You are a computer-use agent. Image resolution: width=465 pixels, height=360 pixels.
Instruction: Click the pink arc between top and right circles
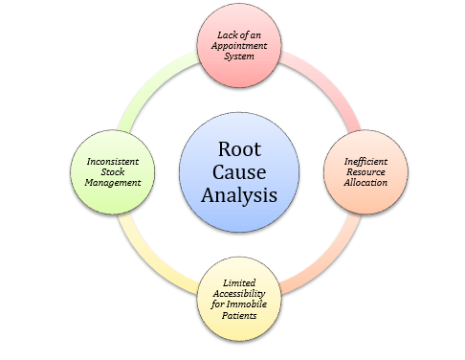click(325, 81)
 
